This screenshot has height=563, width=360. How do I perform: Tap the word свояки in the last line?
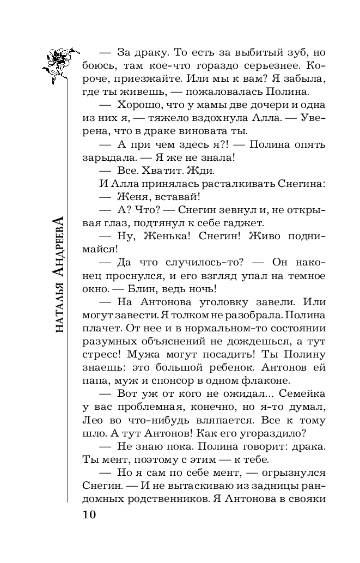coord(308,498)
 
